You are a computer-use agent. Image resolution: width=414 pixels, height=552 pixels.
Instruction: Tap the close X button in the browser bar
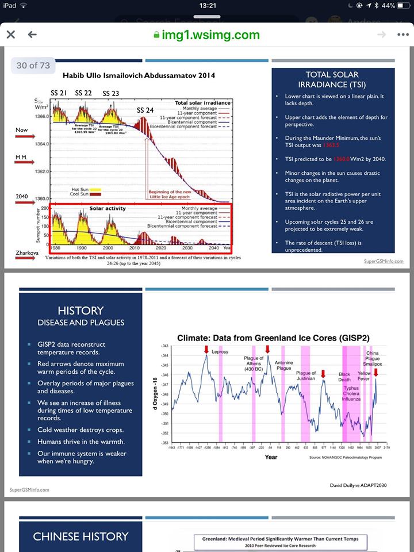[10, 34]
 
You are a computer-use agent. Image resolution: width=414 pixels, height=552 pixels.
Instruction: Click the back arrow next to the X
[32, 34]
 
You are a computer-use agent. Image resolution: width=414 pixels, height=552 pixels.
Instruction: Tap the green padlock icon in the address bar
[156, 35]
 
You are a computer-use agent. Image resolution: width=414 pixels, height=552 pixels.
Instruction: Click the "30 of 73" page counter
[33, 66]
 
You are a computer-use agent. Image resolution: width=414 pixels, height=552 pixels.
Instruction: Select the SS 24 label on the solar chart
[145, 110]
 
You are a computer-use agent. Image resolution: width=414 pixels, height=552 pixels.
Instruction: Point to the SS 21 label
[59, 93]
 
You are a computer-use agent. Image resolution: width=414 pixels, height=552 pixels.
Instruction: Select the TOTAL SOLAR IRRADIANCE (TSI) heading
[333, 79]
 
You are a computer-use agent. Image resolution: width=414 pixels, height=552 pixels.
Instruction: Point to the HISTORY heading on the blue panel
[80, 310]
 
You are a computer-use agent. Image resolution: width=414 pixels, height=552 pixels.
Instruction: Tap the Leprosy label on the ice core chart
[221, 351]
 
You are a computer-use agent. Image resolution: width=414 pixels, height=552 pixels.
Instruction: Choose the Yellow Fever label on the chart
[364, 376]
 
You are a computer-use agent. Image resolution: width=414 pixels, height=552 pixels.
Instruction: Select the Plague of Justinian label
[306, 377]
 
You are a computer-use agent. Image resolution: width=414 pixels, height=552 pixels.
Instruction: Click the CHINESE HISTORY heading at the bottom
[80, 536]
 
